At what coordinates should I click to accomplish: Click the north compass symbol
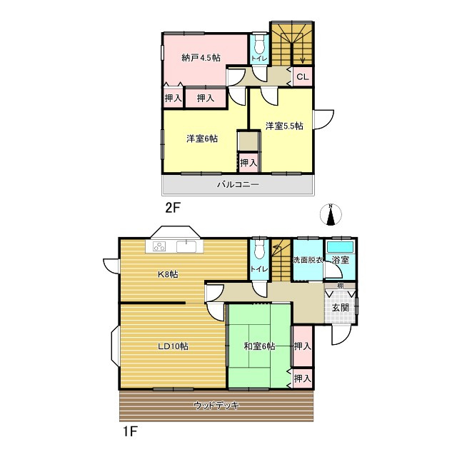pyautogui.click(x=331, y=215)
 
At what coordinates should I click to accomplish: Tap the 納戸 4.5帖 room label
pyautogui.click(x=201, y=58)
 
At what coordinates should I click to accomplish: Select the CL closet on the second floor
pyautogui.click(x=303, y=77)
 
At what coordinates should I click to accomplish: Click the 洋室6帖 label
pyautogui.click(x=202, y=139)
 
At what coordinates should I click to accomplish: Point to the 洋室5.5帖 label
pyautogui.click(x=284, y=126)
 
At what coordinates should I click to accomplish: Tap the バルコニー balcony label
pyautogui.click(x=238, y=184)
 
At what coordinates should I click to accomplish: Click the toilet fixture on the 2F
pyautogui.click(x=258, y=44)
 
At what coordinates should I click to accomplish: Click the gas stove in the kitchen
pyautogui.click(x=159, y=246)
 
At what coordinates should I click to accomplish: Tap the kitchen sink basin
pyautogui.click(x=186, y=246)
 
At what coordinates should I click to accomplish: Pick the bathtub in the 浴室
pyautogui.click(x=340, y=247)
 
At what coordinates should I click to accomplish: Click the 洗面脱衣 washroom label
pyautogui.click(x=308, y=260)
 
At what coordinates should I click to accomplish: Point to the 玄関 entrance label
pyautogui.click(x=341, y=308)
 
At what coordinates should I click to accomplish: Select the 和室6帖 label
pyautogui.click(x=259, y=346)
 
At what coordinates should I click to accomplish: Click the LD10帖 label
pyautogui.click(x=173, y=346)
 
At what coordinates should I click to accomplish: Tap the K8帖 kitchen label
pyautogui.click(x=168, y=274)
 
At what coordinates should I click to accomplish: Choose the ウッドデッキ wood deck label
pyautogui.click(x=216, y=406)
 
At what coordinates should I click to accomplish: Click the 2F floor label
pyautogui.click(x=173, y=208)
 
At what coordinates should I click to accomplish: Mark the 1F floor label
pyautogui.click(x=129, y=431)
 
